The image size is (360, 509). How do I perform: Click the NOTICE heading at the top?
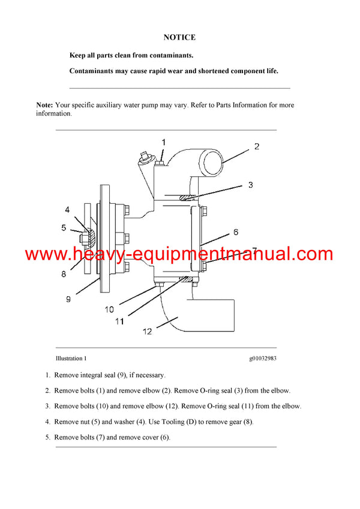point(179,37)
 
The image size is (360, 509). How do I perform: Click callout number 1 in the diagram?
point(163,142)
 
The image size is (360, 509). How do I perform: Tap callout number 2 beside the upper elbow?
point(256,146)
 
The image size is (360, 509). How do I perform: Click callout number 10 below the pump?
point(109,309)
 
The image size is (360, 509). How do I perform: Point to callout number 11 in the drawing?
point(120,321)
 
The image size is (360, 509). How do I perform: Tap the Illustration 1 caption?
point(71,359)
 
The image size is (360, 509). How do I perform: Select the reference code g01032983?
point(263,359)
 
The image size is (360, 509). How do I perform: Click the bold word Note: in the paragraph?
point(45,105)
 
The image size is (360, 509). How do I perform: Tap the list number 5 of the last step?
point(47,437)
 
